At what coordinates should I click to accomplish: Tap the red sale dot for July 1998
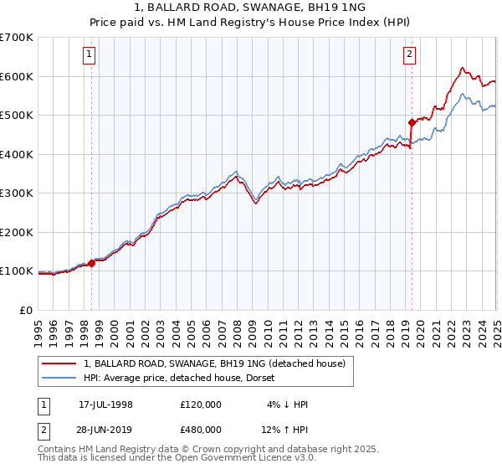pos(91,263)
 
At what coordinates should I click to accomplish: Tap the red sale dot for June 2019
pos(412,122)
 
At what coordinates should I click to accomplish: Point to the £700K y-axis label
pos(17,38)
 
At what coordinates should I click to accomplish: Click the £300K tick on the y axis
pos(17,193)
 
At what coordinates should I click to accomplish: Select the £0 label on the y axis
pos(27,310)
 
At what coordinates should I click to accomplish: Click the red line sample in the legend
pos(59,363)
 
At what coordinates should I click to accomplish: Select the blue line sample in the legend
pos(59,379)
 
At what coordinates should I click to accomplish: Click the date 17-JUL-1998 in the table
pos(105,405)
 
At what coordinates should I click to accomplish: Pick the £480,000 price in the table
pos(200,429)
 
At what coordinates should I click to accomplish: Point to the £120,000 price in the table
pos(200,405)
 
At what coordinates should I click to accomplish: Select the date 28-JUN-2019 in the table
pos(105,429)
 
